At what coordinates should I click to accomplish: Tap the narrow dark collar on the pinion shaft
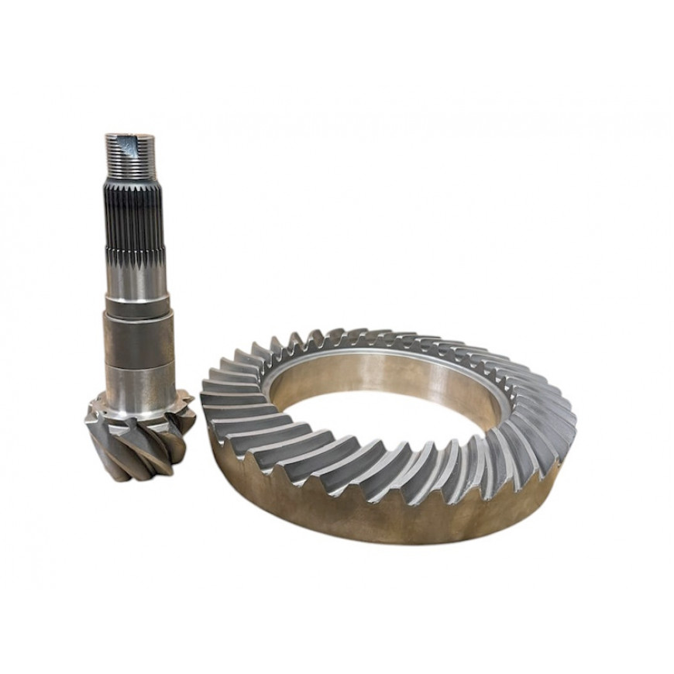pyautogui.click(x=136, y=311)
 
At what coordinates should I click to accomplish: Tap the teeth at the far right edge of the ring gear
pyautogui.click(x=566, y=418)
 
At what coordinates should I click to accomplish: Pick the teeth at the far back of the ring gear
pyautogui.click(x=372, y=337)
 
